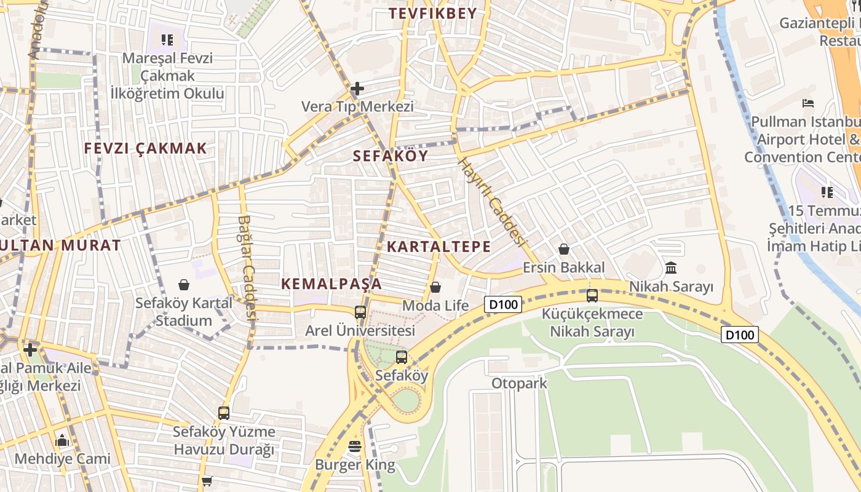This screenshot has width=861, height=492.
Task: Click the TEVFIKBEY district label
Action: click(x=433, y=14)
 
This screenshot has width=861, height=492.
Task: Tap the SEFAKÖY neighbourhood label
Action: click(x=391, y=156)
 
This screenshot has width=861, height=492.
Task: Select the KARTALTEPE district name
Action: click(x=438, y=247)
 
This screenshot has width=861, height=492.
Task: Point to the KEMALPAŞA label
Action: click(x=331, y=284)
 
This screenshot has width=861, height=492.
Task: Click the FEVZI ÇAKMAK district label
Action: click(x=146, y=149)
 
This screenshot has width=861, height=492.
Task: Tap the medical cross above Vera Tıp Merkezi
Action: click(x=357, y=89)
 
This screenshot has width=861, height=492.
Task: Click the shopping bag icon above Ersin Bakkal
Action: click(x=563, y=249)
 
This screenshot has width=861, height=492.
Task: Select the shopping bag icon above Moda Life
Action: click(x=435, y=287)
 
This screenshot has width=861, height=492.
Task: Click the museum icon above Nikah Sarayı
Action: click(x=671, y=268)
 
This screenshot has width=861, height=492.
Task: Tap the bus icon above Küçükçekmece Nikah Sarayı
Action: click(x=592, y=296)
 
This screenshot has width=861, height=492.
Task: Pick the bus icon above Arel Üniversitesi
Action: click(x=360, y=312)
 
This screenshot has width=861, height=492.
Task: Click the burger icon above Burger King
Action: click(x=355, y=446)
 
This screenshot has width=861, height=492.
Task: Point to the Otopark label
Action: click(x=519, y=384)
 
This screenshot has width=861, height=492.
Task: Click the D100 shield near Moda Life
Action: click(x=503, y=304)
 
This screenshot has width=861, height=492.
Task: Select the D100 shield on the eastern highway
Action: click(x=740, y=335)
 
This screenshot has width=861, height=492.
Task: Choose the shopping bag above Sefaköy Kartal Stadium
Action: click(x=183, y=285)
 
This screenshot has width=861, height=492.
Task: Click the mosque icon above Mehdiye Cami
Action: click(x=62, y=441)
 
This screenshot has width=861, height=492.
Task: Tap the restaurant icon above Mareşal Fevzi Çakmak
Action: click(x=167, y=41)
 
